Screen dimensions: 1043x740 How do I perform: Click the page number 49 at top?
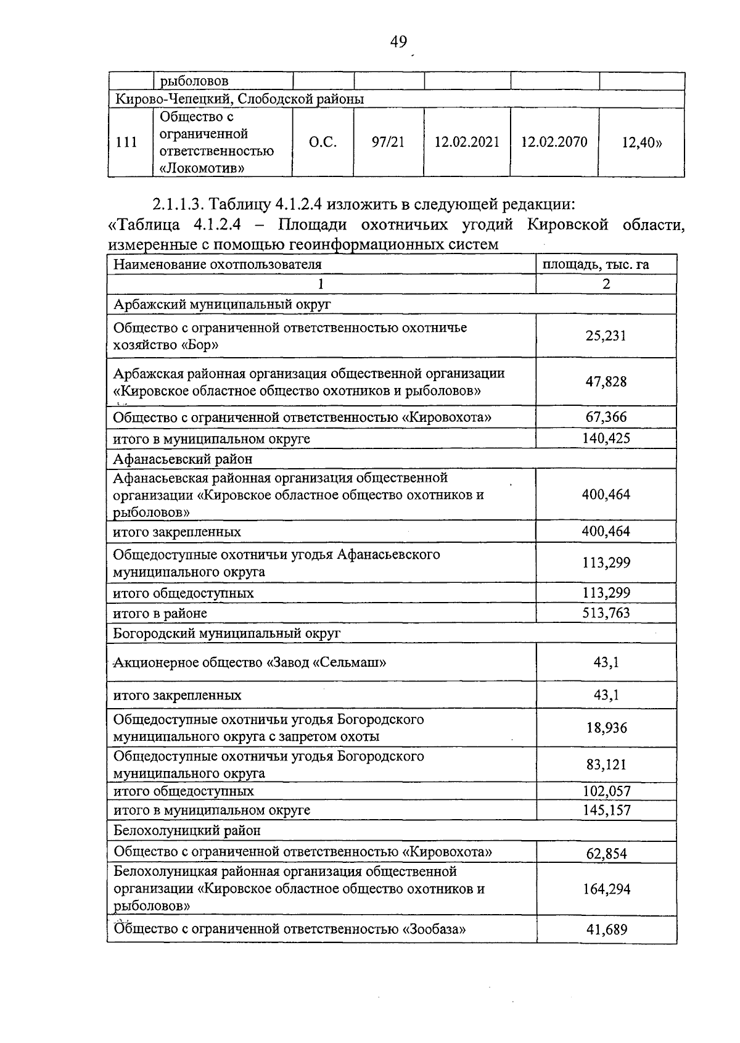pyautogui.click(x=398, y=41)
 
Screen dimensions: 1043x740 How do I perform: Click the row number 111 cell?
pyautogui.click(x=126, y=142)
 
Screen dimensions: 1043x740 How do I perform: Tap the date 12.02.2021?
pyautogui.click(x=467, y=142)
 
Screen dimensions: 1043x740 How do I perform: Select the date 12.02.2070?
pyautogui.click(x=554, y=142)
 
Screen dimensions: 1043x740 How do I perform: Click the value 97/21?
pyautogui.click(x=388, y=142)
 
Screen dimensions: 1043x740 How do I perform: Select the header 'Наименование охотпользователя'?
pyautogui.click(x=218, y=265)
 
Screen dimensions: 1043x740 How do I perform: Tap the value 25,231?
pyautogui.click(x=606, y=336)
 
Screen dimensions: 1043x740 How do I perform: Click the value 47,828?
pyautogui.click(x=606, y=382)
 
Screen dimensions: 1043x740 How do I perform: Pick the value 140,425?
pyautogui.click(x=606, y=439)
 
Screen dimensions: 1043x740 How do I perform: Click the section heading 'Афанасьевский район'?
pyautogui.click(x=183, y=459)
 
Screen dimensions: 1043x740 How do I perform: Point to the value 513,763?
pyautogui.click(x=606, y=613)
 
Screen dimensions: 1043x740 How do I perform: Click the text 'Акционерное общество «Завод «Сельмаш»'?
pyautogui.click(x=250, y=663)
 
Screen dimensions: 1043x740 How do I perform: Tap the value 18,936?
pyautogui.click(x=606, y=728)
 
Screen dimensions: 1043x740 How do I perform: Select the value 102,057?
pyautogui.click(x=606, y=791)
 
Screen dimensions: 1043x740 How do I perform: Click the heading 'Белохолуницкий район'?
pyautogui.click(x=187, y=830)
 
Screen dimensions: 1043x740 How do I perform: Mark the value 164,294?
pyautogui.click(x=606, y=889)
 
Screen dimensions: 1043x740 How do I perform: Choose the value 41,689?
pyautogui.click(x=606, y=930)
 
